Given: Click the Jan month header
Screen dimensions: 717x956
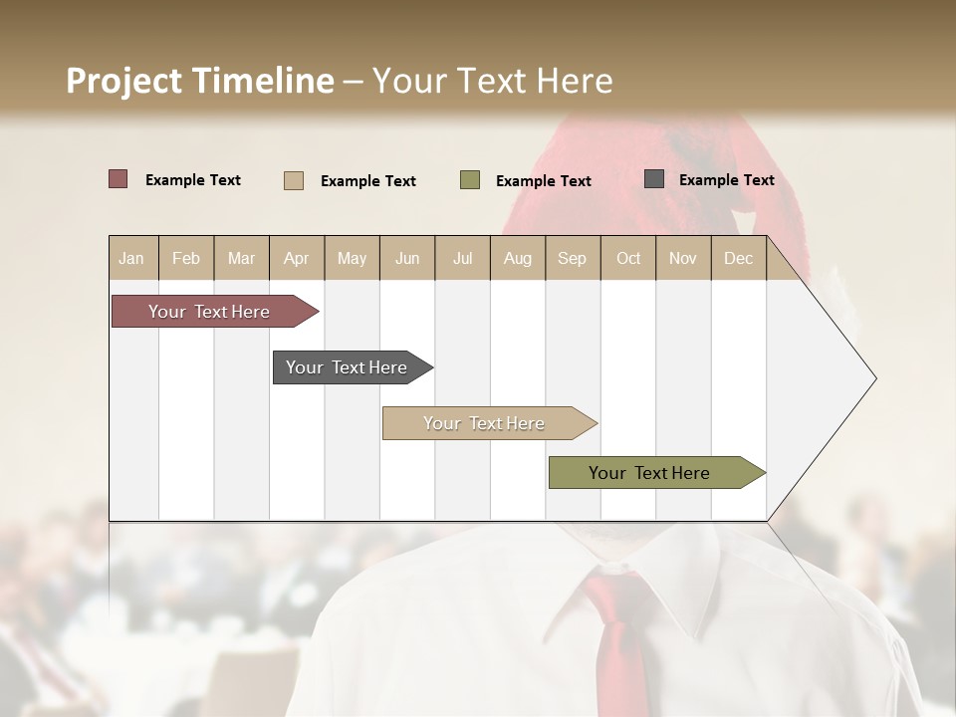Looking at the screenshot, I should point(132,258).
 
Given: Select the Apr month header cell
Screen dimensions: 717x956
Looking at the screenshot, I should point(297,258).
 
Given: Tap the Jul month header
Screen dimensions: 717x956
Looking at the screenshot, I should point(462,258).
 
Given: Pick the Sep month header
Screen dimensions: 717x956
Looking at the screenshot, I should point(572,258).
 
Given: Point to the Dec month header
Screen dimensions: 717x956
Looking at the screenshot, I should point(738,258).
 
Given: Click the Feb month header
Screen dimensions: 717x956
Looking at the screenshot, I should point(186,258).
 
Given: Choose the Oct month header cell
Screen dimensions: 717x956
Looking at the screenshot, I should point(628,258).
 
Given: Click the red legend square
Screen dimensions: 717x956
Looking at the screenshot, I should point(118,179).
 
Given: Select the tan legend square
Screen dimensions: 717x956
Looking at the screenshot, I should point(293,180).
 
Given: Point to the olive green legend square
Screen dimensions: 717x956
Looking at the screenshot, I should point(470,180).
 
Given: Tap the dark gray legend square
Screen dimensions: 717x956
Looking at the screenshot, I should point(654,179).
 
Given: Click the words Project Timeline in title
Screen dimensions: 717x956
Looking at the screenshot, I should point(199,81).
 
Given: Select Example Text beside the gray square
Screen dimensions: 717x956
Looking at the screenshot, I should point(726,180).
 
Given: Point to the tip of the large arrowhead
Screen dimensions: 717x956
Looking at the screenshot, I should point(874,378).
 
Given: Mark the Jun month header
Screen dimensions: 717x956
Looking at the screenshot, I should point(407,258).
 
